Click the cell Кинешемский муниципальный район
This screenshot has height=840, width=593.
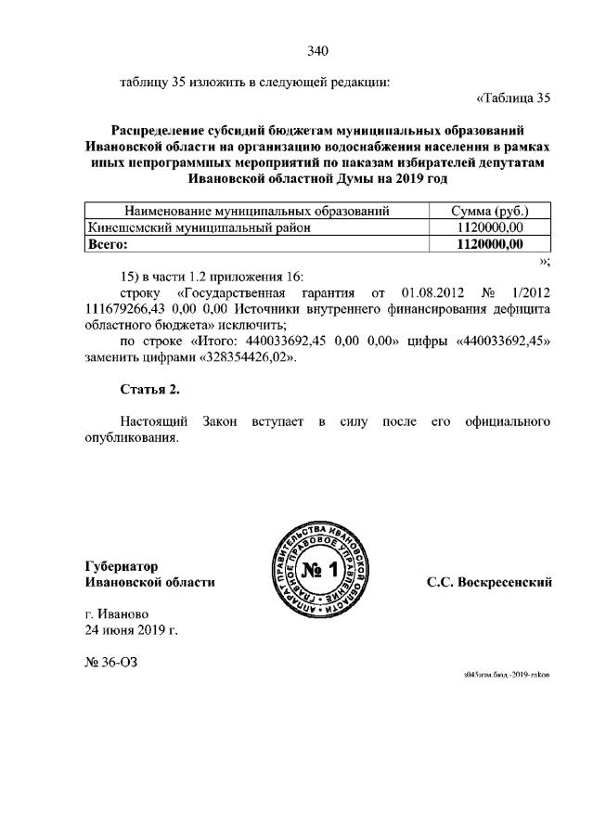click(198, 227)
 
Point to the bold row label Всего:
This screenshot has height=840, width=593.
click(107, 244)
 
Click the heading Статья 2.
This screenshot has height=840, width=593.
click(149, 387)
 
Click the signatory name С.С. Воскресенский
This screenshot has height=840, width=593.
click(489, 582)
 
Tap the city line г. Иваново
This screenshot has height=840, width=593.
click(116, 614)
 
